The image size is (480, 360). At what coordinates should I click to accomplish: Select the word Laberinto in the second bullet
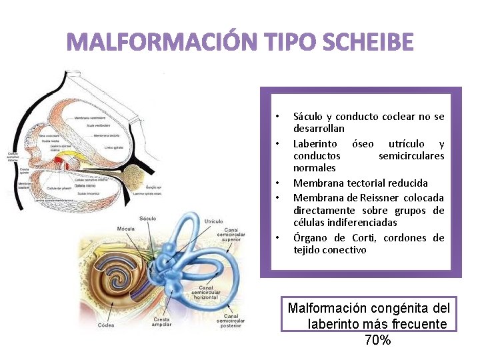point(317,144)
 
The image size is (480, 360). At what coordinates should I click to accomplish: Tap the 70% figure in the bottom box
point(378,340)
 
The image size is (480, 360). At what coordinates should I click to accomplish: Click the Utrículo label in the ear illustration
point(213,221)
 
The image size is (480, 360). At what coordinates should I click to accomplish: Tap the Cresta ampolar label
point(162,322)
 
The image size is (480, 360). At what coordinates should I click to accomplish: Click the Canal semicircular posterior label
point(230,321)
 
